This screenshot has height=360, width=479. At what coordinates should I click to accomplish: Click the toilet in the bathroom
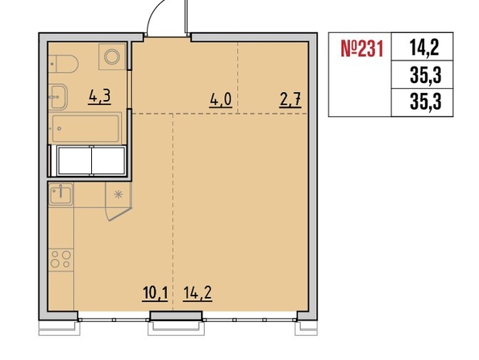click(x=63, y=64)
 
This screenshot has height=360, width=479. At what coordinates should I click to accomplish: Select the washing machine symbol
click(x=112, y=57)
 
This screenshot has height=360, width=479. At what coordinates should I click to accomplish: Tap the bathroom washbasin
click(x=58, y=97)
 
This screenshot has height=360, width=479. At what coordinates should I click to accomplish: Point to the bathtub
click(x=85, y=128)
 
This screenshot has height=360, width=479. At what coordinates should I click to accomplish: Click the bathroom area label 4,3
click(x=99, y=97)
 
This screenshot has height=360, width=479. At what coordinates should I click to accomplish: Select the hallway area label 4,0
click(x=221, y=100)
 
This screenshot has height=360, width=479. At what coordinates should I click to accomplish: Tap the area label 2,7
click(x=290, y=100)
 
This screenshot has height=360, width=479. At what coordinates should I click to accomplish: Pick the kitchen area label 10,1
click(x=155, y=294)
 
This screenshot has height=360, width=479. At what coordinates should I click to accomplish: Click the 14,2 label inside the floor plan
click(x=198, y=294)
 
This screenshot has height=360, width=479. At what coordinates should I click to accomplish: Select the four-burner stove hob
click(x=60, y=259)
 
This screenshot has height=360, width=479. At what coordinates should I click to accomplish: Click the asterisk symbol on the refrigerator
click(x=119, y=195)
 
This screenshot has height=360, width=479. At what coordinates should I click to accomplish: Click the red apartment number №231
click(x=362, y=49)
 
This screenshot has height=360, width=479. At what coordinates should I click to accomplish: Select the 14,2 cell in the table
click(x=425, y=48)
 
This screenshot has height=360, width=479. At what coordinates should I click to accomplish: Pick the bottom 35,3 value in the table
click(x=426, y=102)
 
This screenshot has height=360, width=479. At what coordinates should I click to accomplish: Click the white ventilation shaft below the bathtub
click(x=91, y=161)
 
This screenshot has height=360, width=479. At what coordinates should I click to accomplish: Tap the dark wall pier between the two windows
click(x=176, y=316)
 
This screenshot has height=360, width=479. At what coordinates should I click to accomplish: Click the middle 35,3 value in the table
click(x=426, y=76)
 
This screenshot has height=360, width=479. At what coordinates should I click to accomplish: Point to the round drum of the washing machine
click(x=112, y=57)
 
